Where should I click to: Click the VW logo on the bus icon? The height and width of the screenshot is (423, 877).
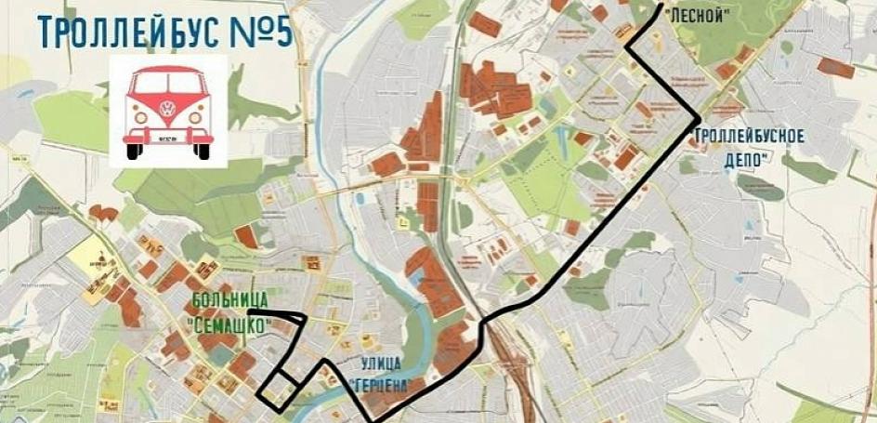tap(168, 107)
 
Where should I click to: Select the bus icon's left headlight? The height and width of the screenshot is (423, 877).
tap(140, 118)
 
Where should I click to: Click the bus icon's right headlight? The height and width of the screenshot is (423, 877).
tap(197, 118)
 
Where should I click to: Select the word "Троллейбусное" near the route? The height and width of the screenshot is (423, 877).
tap(748, 136)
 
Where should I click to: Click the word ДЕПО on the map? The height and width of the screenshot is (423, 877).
tap(745, 159)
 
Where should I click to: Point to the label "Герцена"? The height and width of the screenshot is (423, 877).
tap(379, 383)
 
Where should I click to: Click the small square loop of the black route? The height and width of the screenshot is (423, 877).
tap(278, 390)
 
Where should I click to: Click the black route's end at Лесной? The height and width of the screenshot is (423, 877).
tap(661, 6)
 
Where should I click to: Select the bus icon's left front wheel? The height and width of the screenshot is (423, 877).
tap(133, 151)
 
